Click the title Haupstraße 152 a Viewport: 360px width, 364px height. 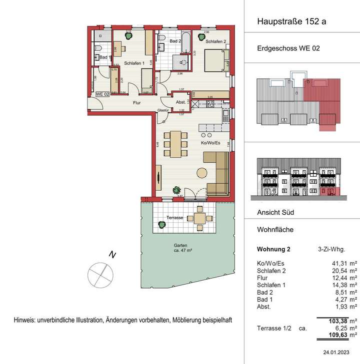coord(291,21)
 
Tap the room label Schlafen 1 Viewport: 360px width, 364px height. coord(133,63)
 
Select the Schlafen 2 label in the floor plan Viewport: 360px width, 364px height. coord(215,41)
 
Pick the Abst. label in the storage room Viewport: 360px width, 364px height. coord(180,102)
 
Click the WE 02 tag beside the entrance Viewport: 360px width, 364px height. coord(102,94)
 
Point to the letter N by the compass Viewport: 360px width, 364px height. coord(113,256)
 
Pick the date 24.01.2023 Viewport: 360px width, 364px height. coord(341,353)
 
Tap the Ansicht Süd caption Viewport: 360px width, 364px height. coord(274,212)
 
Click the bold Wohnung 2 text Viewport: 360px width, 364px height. coord(273,249)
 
